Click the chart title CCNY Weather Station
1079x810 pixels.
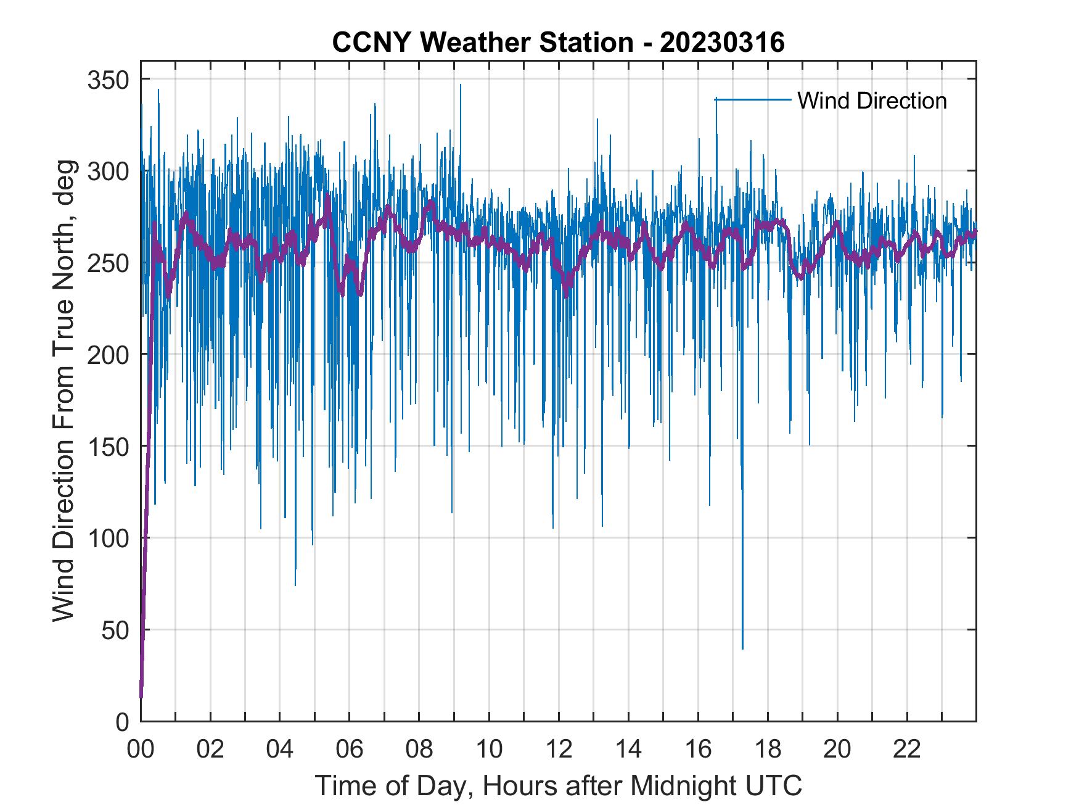pos(558,43)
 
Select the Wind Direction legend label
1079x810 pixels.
pos(872,101)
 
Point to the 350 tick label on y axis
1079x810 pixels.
pos(108,80)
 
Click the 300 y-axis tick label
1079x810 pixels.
pos(108,172)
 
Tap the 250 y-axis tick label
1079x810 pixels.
pos(108,263)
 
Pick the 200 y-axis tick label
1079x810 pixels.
pos(108,355)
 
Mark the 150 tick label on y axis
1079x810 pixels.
pos(108,447)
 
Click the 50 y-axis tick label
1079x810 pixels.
pos(115,630)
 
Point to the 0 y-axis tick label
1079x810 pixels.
pos(121,722)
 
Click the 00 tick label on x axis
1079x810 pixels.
pos(141,750)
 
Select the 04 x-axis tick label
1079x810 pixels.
pos(280,750)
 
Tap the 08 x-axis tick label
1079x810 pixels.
pos(419,750)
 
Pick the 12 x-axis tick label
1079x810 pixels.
pos(559,750)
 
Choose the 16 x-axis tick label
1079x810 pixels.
pos(698,750)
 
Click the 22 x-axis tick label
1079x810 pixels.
pos(907,750)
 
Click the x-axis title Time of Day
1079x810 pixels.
pos(558,786)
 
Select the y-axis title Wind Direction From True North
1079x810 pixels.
pos(64,391)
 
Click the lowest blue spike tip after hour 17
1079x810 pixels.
pos(742,648)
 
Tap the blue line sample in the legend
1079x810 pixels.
pos(753,99)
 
